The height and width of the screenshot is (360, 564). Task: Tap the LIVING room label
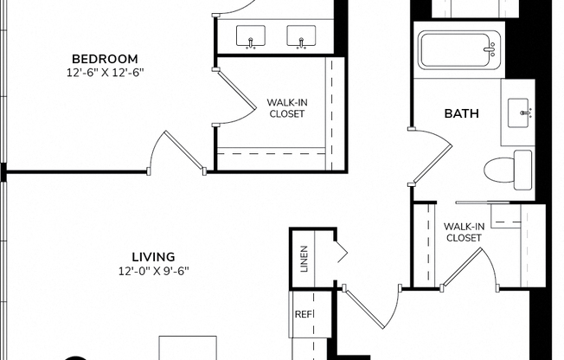click(153, 257)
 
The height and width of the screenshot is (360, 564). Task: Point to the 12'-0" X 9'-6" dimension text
click(153, 271)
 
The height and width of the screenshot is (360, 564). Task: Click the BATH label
click(461, 113)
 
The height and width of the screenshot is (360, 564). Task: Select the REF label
click(304, 315)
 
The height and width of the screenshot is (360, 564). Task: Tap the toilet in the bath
click(510, 169)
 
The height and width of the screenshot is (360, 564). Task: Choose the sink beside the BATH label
click(522, 112)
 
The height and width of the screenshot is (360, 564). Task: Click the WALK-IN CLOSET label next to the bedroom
click(287, 108)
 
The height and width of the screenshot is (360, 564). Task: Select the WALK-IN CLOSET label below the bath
click(463, 232)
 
